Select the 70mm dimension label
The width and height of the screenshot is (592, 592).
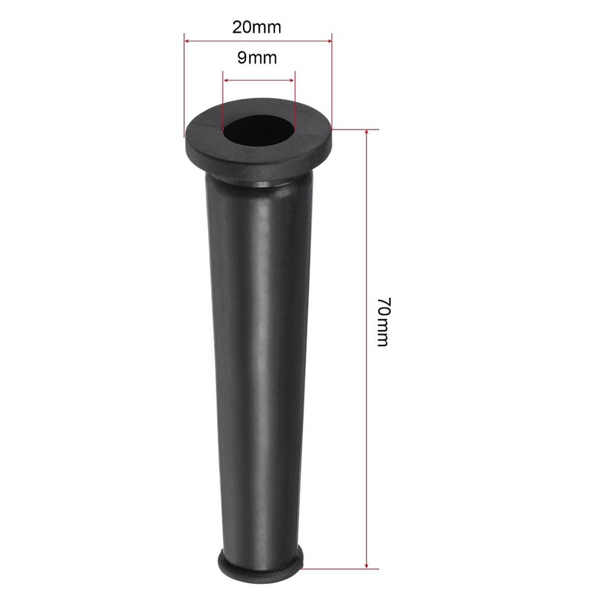pos(381,323)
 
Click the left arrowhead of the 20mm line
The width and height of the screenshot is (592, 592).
pos(187,41)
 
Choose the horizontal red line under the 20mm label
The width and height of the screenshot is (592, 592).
pos(258,41)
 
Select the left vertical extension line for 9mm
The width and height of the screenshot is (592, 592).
pos(222,101)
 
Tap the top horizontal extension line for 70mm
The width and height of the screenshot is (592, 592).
pos(355,129)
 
